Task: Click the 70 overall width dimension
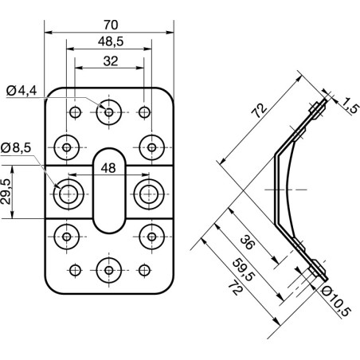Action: click(108, 23)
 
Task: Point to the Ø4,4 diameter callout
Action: click(22, 92)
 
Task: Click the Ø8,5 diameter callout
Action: click(17, 148)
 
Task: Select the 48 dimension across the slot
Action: click(108, 168)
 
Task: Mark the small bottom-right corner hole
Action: click(143, 268)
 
